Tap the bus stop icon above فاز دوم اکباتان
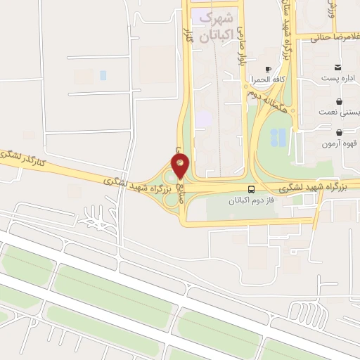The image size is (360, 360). pyautogui.click(x=252, y=189)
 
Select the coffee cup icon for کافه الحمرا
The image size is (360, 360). pyautogui.click(x=268, y=69)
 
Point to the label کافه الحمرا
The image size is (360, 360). pyautogui.click(x=268, y=79)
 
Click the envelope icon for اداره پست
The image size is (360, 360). pyautogui.click(x=339, y=67)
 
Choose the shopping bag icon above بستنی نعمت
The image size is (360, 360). pyautogui.click(x=340, y=101)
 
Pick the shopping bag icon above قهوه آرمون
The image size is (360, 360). pyautogui.click(x=340, y=132)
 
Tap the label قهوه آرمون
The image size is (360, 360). pyautogui.click(x=340, y=144)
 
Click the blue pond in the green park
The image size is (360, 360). pyautogui.click(x=279, y=136)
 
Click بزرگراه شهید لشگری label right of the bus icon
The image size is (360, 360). pyautogui.click(x=308, y=187)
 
